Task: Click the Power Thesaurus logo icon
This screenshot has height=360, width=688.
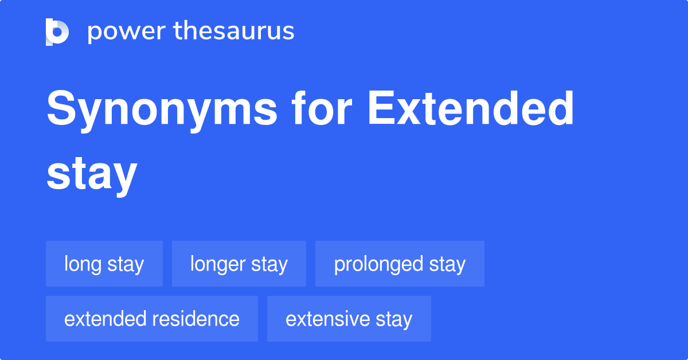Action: (x=57, y=32)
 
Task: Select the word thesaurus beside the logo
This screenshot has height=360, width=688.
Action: (x=234, y=32)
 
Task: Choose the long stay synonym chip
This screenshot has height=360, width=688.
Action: (x=104, y=264)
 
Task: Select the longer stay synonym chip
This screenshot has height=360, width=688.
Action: (x=239, y=264)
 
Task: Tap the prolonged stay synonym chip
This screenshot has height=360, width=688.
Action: (x=400, y=264)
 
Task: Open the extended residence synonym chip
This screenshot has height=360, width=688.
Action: (x=152, y=319)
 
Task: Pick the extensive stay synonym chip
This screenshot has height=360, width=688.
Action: (x=349, y=319)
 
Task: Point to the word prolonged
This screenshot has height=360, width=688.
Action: (x=370, y=264)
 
